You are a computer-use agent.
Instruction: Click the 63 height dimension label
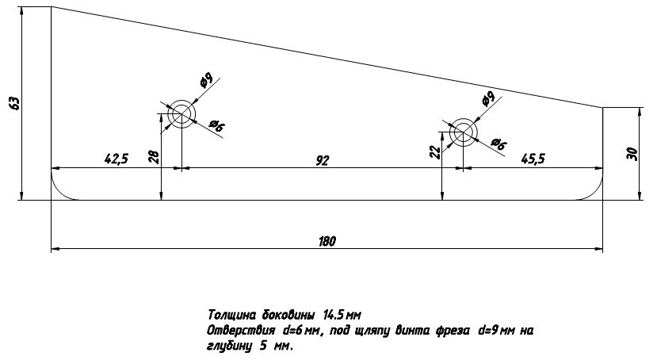coord(13,102)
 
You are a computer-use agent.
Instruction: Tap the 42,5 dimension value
coord(116,159)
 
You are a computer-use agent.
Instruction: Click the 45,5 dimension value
coord(533,159)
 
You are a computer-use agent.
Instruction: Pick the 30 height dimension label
coord(632,153)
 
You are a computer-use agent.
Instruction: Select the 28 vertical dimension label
coord(154,157)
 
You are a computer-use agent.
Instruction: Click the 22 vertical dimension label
coord(434,152)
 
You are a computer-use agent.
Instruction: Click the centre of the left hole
coord(181,115)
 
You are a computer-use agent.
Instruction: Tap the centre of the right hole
coord(463,133)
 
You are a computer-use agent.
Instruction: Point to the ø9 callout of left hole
coord(205,80)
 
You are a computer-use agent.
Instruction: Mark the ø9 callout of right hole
coord(487,98)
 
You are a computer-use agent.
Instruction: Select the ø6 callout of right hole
coord(498,143)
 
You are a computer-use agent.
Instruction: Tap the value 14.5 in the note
coord(334,315)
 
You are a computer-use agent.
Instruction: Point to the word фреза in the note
coord(453,331)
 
